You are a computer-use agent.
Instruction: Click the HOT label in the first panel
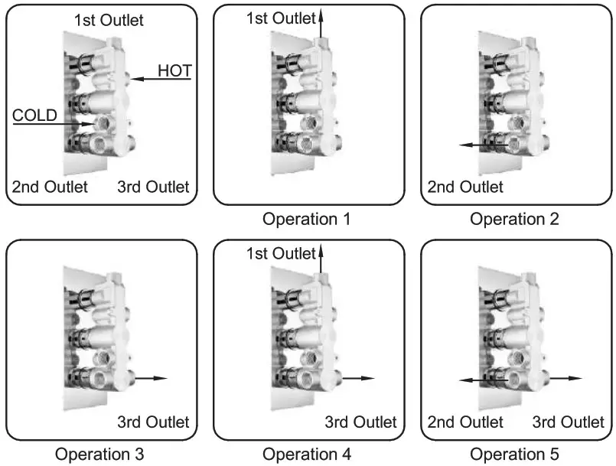coord(174,71)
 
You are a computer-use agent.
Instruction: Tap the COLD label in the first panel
coord(35,116)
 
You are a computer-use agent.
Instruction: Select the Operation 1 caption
coord(306,220)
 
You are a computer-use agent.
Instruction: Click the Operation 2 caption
coord(514,220)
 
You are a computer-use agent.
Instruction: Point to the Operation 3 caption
coord(99,455)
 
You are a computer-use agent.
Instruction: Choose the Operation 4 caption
coord(306,455)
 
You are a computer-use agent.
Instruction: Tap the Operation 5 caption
coord(514,455)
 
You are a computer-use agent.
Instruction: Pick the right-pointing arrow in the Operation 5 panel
coord(566,378)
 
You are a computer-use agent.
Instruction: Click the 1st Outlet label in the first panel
coord(108,20)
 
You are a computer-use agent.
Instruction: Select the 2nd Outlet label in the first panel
coord(50,187)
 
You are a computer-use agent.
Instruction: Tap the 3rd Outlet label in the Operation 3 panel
coord(153,422)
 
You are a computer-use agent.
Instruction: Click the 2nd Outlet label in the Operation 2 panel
coord(465,187)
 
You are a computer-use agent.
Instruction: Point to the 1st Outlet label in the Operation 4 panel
coord(281,253)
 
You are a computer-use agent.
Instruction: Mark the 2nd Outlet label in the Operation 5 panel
coord(465,422)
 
